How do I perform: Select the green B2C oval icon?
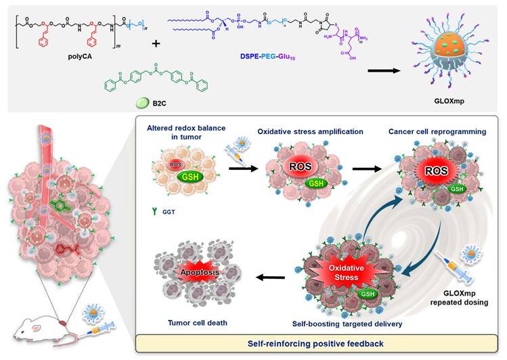click(141, 103)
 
